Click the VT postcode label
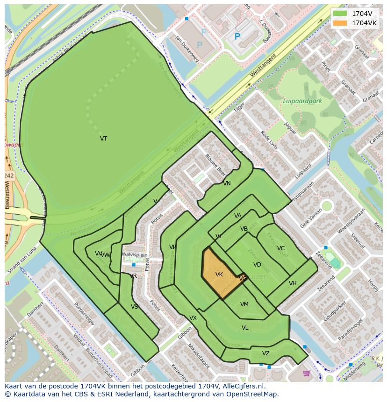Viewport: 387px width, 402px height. point(103,139)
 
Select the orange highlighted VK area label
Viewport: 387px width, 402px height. point(219,275)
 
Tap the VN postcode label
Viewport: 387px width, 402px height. point(227,183)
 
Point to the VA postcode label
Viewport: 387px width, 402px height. point(238,216)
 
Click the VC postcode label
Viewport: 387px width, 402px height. point(280,248)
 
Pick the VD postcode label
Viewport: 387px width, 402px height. point(257,265)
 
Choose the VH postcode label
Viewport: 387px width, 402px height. point(293,283)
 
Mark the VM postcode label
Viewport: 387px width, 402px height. point(244,304)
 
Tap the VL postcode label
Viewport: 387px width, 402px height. point(245,328)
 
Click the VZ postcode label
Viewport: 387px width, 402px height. point(265,353)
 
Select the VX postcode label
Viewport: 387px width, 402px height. point(193,318)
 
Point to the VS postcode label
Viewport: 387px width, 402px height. point(135,307)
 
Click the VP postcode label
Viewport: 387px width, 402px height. point(172,247)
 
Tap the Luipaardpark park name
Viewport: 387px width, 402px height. point(302,101)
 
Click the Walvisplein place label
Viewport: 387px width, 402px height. point(135,255)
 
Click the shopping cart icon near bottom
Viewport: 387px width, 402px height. point(307,373)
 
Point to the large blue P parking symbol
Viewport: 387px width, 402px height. point(237,36)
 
